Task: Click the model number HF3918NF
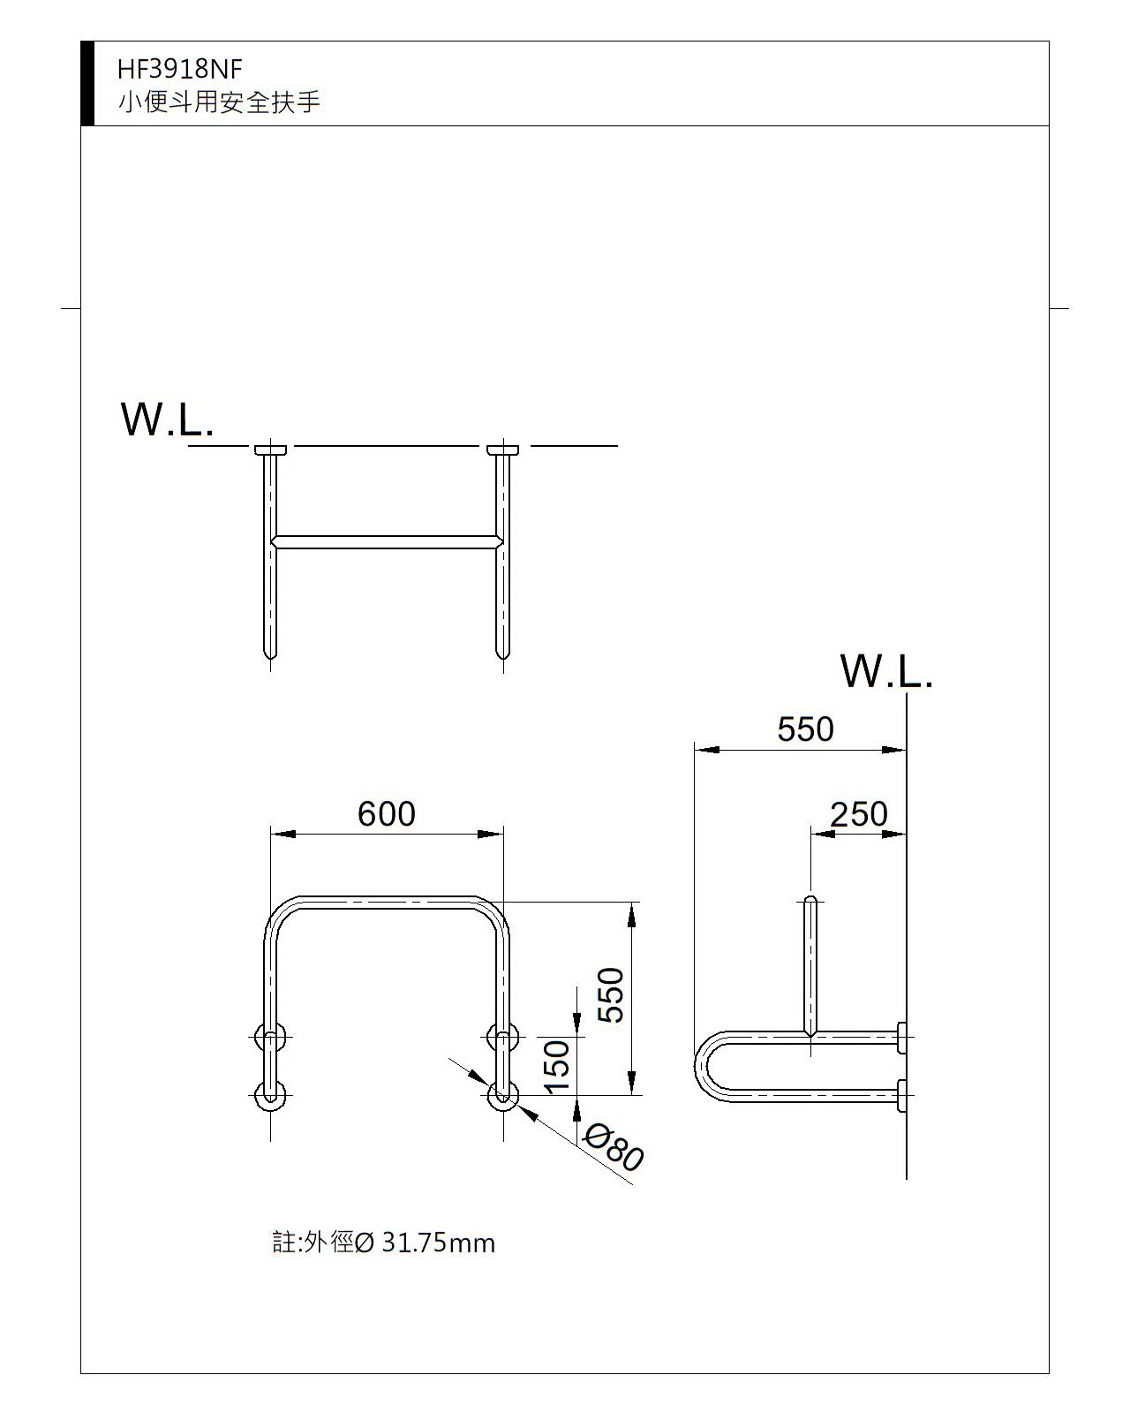click(x=179, y=69)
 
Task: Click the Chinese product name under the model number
click(x=219, y=102)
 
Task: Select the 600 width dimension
click(x=386, y=813)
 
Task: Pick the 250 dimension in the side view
click(x=858, y=813)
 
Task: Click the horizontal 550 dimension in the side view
click(x=805, y=729)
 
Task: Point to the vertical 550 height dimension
click(x=611, y=994)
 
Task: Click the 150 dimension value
click(x=557, y=1066)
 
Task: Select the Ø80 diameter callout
click(x=614, y=1147)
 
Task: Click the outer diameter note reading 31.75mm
click(x=383, y=1243)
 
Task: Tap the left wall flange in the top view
click(x=270, y=450)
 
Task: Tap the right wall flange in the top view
click(x=503, y=450)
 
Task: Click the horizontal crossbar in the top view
click(x=387, y=541)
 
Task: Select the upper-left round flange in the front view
click(x=270, y=1037)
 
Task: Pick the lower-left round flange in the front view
click(x=270, y=1096)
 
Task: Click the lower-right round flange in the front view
click(x=503, y=1096)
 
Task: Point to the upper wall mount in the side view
click(x=901, y=1037)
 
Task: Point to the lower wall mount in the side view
click(x=901, y=1095)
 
